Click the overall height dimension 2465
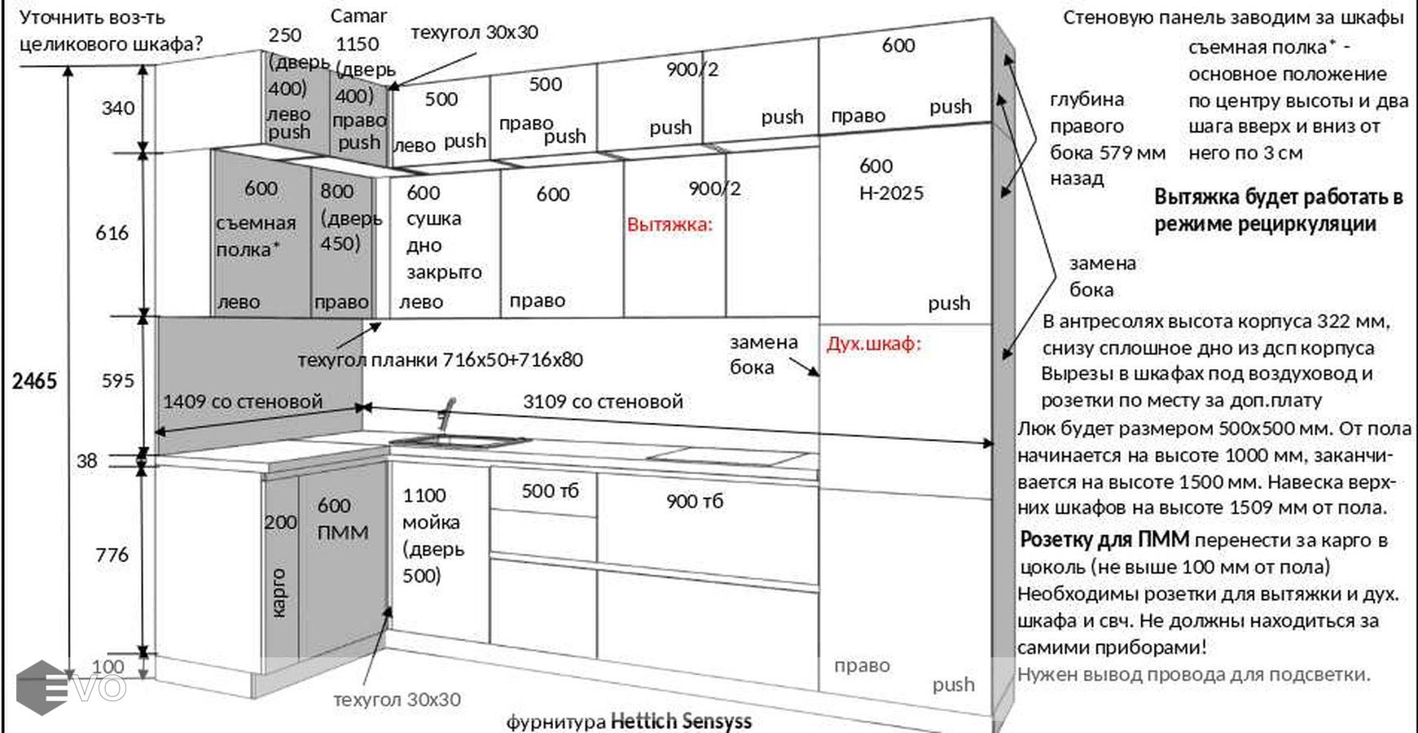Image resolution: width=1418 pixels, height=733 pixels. pyautogui.click(x=34, y=381)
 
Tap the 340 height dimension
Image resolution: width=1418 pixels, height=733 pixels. pyautogui.click(x=117, y=108)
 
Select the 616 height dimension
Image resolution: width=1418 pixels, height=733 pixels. pyautogui.click(x=112, y=233)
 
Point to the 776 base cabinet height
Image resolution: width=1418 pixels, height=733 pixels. pyautogui.click(x=112, y=555)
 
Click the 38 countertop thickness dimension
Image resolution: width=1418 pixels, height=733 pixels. pyautogui.click(x=87, y=461)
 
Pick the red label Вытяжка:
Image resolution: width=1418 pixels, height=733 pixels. pyautogui.click(x=669, y=225)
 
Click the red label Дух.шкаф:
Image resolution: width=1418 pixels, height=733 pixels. pyautogui.click(x=874, y=344)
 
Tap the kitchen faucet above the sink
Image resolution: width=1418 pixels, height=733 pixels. pyautogui.click(x=446, y=414)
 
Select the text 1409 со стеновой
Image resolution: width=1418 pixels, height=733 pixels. pyautogui.click(x=243, y=402)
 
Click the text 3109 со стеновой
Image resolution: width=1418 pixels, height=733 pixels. pyautogui.click(x=603, y=402)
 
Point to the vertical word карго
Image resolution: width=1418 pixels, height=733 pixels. pyautogui.click(x=279, y=593)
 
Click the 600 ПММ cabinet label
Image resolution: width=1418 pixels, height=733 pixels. pyautogui.click(x=343, y=519)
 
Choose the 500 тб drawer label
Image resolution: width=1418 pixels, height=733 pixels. pyautogui.click(x=550, y=491)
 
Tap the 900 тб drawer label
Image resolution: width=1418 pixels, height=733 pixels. pyautogui.click(x=694, y=502)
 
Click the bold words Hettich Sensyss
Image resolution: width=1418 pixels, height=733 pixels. pyautogui.click(x=681, y=721)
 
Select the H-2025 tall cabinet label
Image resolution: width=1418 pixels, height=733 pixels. pyautogui.click(x=892, y=194)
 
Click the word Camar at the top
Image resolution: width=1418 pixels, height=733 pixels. pyautogui.click(x=358, y=16)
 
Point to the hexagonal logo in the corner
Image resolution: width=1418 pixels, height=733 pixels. pyautogui.click(x=41, y=687)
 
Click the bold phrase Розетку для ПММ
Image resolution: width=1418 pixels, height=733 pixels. pyautogui.click(x=1104, y=540)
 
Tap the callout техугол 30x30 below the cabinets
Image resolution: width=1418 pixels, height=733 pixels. pyautogui.click(x=397, y=700)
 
